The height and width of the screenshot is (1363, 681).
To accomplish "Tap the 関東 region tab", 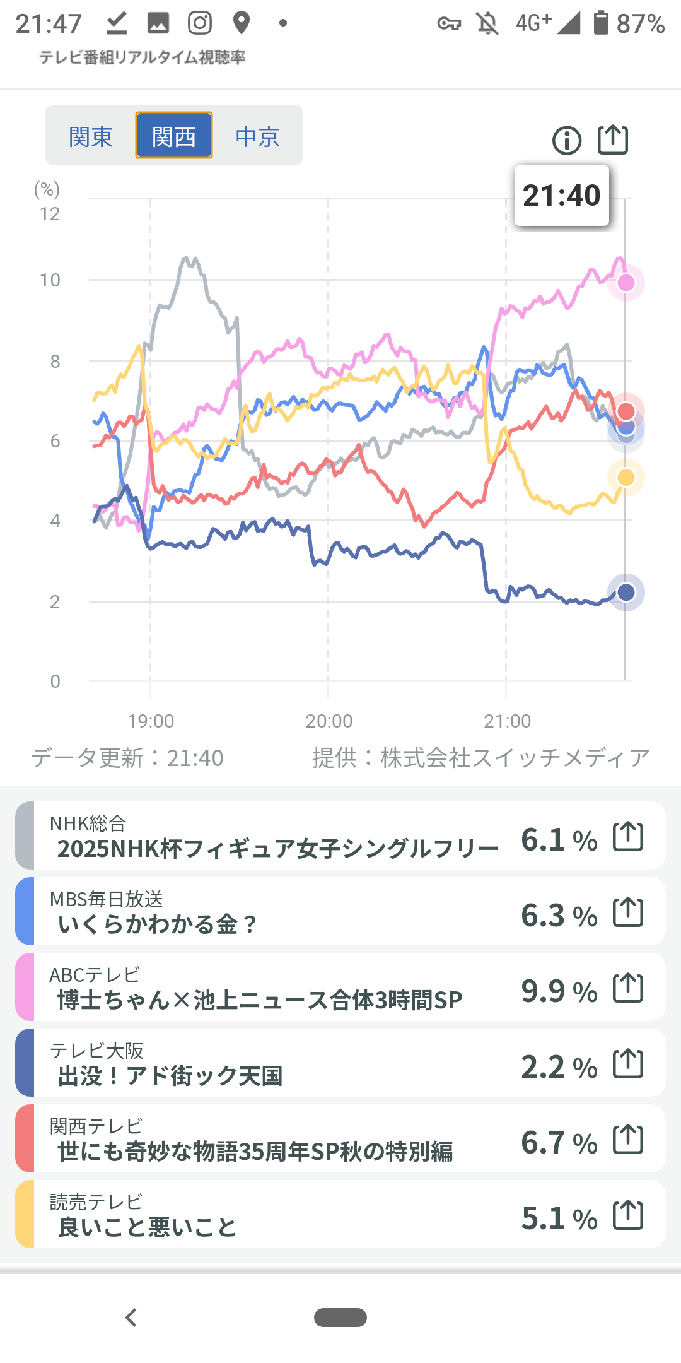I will click(91, 136).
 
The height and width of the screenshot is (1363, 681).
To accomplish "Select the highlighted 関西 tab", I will click(174, 136).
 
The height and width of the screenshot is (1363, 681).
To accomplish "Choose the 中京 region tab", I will click(257, 136).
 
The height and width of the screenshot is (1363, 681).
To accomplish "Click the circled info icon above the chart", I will click(567, 140).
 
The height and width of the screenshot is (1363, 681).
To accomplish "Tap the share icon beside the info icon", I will click(613, 139).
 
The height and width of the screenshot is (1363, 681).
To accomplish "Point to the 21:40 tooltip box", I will click(562, 196).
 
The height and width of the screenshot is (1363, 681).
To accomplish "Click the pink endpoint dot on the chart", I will click(626, 283).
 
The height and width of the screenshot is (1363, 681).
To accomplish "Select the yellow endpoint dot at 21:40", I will click(626, 478).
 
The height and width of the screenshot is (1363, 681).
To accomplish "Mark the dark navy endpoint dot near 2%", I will click(626, 593).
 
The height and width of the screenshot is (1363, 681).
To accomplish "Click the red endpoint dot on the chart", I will click(626, 411).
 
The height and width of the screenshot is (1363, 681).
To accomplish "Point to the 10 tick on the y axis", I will click(50, 280).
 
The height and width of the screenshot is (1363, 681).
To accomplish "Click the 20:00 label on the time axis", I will click(329, 721).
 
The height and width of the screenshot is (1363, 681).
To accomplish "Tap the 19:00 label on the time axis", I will click(151, 721).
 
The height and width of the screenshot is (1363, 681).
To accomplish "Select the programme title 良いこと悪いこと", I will click(147, 1227).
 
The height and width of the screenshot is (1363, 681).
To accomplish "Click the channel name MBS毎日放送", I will click(107, 899).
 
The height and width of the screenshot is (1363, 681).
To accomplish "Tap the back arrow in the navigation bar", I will click(131, 1318).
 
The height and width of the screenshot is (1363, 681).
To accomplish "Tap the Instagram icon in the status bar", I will click(200, 23).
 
